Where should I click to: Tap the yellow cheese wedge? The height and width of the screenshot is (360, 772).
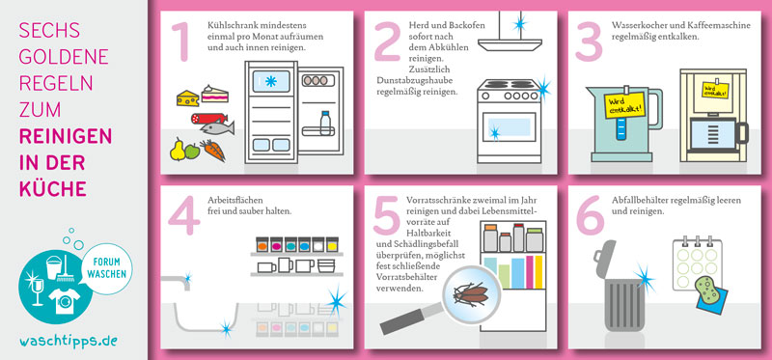coord(187,98)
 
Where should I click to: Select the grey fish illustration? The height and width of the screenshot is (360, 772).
coord(217,128)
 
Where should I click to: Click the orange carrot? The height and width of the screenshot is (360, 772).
coord(212,150)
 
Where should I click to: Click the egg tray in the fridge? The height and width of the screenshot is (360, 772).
coord(316,80)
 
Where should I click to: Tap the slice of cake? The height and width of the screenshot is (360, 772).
coord(214,94)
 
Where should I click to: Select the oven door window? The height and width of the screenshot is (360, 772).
coord(509,127)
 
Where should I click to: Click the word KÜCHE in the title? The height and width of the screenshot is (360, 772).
coord(53,188)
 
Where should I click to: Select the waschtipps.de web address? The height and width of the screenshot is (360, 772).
coord(69,341)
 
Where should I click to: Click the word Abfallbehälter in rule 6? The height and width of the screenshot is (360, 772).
coord(636,201)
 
